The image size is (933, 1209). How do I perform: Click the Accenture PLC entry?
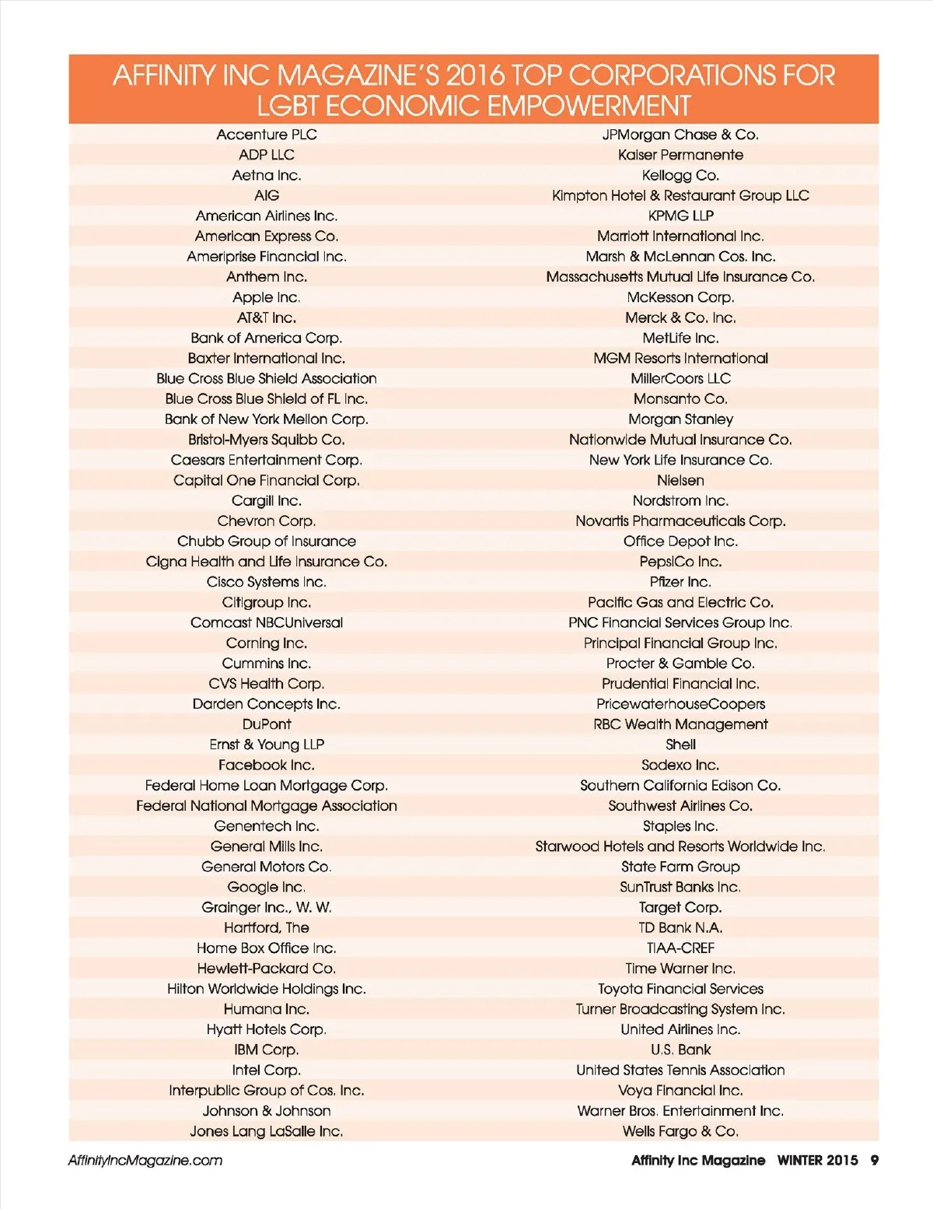(267, 135)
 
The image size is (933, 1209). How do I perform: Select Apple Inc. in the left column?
(266, 297)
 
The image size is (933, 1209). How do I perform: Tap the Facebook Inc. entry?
(266, 765)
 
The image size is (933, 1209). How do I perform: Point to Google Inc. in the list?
(266, 887)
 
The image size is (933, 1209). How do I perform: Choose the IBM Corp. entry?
(266, 1050)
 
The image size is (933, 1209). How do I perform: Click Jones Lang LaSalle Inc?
(266, 1131)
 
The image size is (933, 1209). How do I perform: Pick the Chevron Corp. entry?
(266, 521)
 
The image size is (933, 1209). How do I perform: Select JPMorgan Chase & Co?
(680, 135)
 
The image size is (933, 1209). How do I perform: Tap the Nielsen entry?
(680, 480)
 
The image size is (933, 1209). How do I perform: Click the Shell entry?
(680, 745)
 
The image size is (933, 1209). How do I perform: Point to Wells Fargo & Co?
(680, 1131)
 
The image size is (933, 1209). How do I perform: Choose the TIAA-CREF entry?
(680, 948)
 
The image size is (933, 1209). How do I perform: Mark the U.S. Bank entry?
(680, 1050)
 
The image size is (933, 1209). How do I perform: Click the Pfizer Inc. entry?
(680, 582)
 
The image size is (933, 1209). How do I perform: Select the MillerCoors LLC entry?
(680, 379)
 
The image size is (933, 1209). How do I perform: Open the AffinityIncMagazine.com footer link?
(145, 1161)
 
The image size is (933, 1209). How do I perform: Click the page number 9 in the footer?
(875, 1161)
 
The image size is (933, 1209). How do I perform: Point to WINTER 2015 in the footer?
(817, 1161)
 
